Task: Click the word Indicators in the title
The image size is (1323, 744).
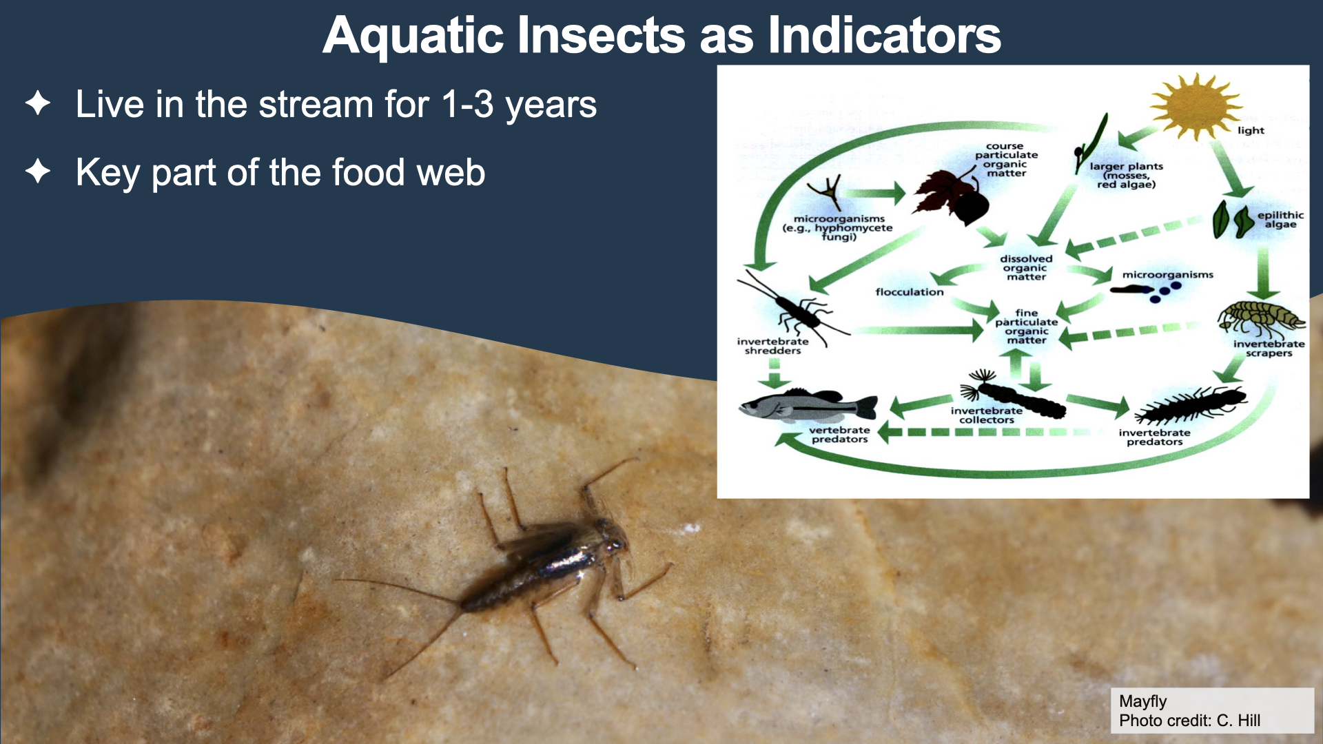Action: click(884, 35)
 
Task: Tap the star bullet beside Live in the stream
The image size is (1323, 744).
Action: click(38, 103)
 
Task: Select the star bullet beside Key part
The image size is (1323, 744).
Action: click(38, 172)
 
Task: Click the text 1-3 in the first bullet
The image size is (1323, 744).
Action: click(468, 104)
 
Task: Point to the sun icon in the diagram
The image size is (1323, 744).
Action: click(1196, 107)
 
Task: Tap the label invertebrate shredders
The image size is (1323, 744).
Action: click(773, 346)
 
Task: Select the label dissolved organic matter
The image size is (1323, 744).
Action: click(1026, 268)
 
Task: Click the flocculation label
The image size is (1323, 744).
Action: click(910, 292)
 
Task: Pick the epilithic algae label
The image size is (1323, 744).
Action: click(1280, 220)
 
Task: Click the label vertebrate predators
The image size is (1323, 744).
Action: click(839, 435)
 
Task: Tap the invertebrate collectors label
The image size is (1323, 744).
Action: click(987, 415)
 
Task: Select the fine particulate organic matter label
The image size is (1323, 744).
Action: click(1026, 327)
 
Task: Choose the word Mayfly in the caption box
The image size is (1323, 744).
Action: click(1142, 701)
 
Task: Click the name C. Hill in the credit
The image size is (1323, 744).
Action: click(1238, 721)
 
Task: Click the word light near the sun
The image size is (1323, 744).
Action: click(1251, 130)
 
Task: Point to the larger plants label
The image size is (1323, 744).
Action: click(1126, 175)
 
